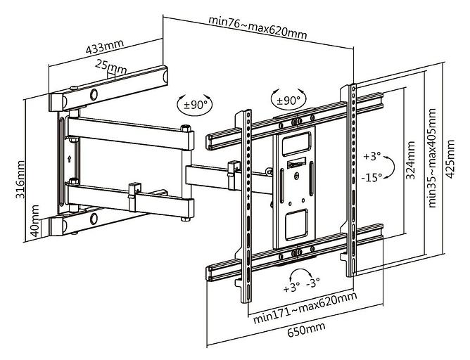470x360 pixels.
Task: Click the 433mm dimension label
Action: click(105, 46)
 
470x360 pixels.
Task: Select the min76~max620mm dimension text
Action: click(258, 28)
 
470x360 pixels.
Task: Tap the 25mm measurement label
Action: click(111, 67)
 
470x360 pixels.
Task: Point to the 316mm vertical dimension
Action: click(20, 179)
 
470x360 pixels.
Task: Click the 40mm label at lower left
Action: click(34, 221)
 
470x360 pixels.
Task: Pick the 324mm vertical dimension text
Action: click(410, 160)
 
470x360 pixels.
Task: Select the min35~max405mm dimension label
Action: click(431, 157)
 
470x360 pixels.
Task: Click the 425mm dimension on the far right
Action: click(450, 159)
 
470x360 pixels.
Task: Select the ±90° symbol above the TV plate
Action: click(288, 99)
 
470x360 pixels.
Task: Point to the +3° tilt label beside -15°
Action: click(372, 156)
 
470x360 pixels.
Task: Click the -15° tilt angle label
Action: click(371, 177)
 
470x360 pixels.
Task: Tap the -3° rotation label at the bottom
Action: click(313, 283)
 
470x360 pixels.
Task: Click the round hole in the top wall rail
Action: click(94, 94)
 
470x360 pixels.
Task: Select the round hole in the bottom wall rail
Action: click(94, 219)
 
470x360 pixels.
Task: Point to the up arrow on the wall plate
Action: click(69, 158)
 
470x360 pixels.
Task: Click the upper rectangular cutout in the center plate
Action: click(296, 143)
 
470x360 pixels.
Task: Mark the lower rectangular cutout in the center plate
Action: click(296, 224)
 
